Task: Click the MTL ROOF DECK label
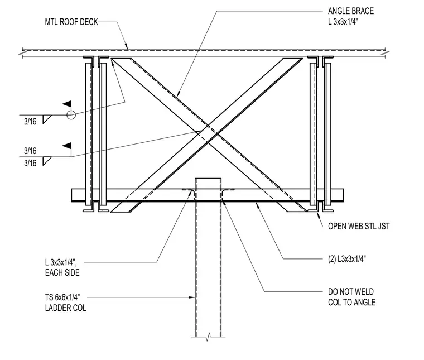tap(71, 22)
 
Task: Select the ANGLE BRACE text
tap(351, 11)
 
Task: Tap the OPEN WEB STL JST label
tap(359, 226)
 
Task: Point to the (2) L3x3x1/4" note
tap(347, 259)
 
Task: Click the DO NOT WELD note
tap(351, 291)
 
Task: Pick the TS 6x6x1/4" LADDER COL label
tap(65, 303)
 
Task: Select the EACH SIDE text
tap(62, 272)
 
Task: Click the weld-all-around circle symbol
tap(71, 115)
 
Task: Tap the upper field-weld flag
tap(68, 104)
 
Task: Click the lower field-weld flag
tap(68, 146)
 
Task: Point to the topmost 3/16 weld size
tap(30, 122)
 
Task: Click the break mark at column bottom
tap(208, 337)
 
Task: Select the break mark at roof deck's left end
tap(21, 54)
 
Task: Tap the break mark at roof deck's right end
tap(387, 53)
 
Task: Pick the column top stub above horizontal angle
tap(208, 184)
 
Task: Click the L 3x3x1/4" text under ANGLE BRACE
tap(343, 22)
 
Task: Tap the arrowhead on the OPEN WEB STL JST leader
tap(319, 216)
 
